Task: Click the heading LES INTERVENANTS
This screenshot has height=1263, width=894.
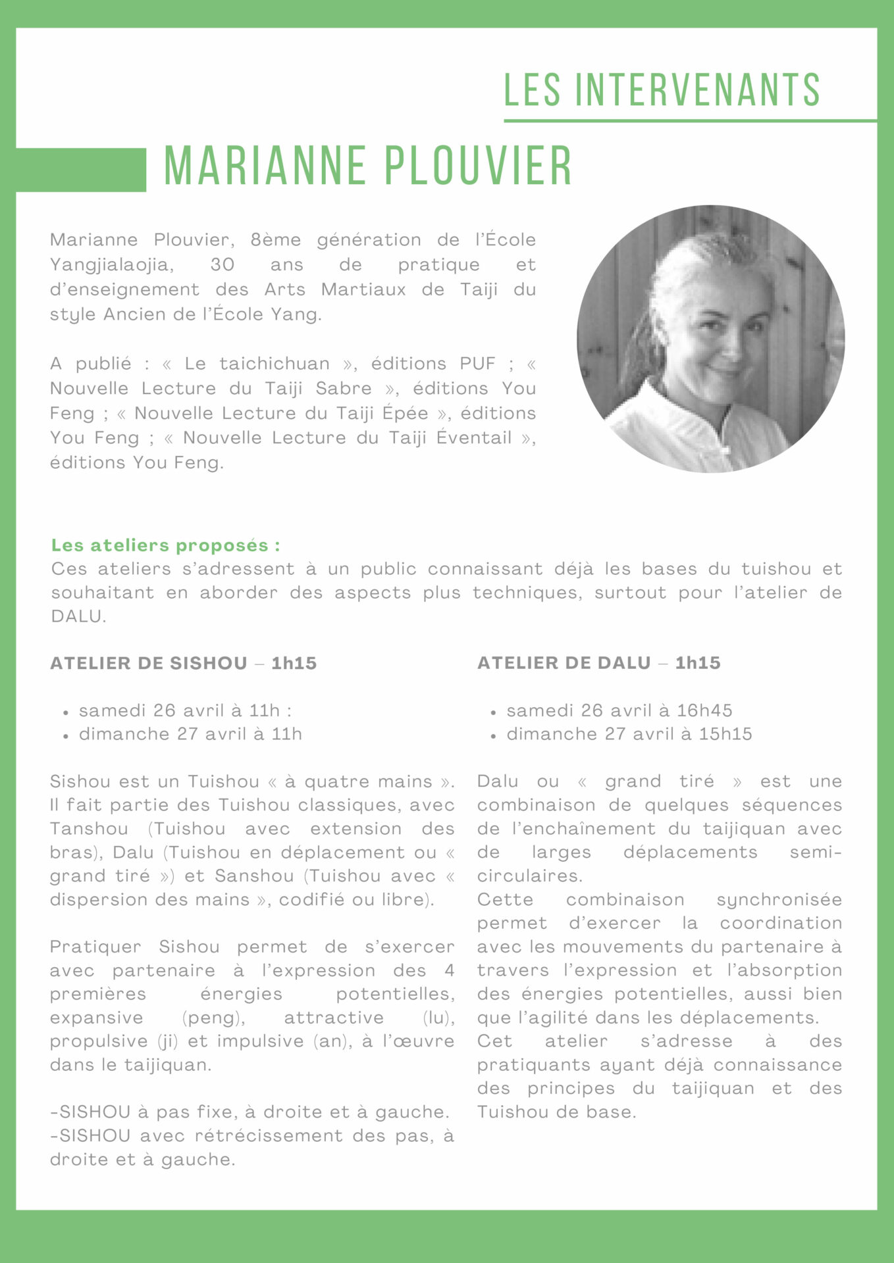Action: [x=662, y=90]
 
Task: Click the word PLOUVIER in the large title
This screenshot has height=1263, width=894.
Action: [x=479, y=166]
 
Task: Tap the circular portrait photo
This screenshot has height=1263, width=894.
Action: [x=710, y=339]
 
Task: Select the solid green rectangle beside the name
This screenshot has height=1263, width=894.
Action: [x=80, y=170]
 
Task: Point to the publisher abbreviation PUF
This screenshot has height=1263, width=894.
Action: [x=477, y=364]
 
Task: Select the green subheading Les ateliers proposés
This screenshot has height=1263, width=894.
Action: [x=165, y=545]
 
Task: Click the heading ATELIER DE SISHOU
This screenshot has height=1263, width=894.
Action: [x=149, y=663]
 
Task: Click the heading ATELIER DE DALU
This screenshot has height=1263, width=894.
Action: [x=564, y=663]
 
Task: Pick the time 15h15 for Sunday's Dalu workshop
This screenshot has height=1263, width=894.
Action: [x=725, y=734]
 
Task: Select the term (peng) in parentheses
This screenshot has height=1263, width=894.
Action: [x=213, y=1018]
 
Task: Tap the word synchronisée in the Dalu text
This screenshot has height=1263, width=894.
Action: [x=779, y=900]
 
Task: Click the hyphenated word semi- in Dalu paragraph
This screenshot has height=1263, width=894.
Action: [x=816, y=853]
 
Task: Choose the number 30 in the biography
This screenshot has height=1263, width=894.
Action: [x=223, y=265]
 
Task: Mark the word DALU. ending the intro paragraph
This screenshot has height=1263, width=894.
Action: [x=78, y=617]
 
